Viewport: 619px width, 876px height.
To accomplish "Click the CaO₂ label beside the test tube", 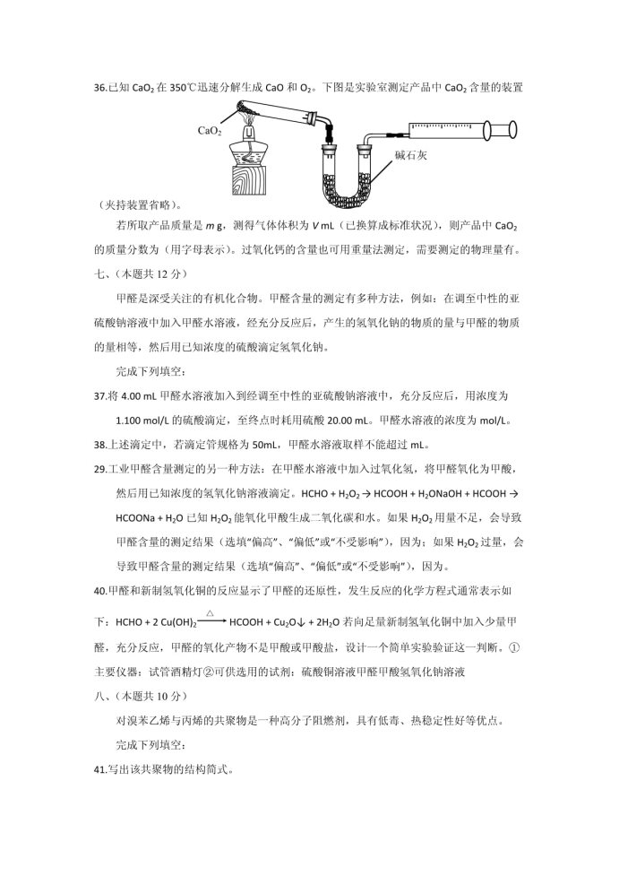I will [x=210, y=129].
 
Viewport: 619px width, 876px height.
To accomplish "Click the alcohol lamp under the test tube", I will [x=251, y=143].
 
